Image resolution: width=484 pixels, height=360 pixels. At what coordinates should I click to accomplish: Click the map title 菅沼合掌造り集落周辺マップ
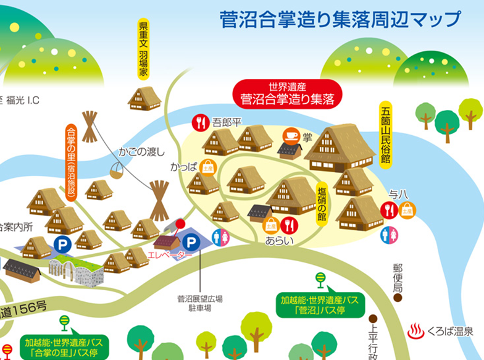click(x=340, y=19)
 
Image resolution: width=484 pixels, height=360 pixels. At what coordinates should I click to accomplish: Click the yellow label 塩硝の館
click(x=322, y=204)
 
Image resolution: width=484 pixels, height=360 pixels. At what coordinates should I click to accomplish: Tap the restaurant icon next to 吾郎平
click(x=200, y=122)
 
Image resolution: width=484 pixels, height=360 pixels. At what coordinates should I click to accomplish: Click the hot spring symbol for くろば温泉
click(x=416, y=332)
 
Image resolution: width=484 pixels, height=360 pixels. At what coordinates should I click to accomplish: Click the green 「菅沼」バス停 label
click(x=320, y=304)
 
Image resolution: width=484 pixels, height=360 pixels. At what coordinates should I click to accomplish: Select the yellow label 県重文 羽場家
click(x=143, y=51)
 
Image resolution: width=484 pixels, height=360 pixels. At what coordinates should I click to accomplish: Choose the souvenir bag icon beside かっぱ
click(x=208, y=167)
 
